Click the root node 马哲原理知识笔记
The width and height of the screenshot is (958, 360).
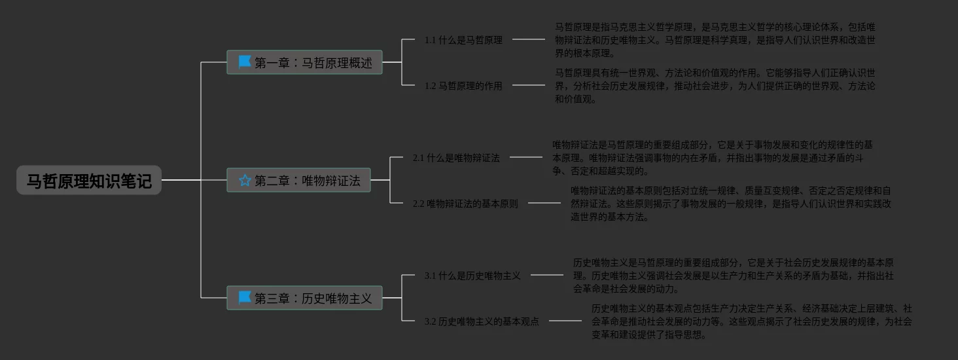[x=89, y=181]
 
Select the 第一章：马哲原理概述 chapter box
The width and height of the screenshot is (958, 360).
[x=304, y=63]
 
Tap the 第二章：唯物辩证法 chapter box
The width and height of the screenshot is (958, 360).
[x=299, y=181]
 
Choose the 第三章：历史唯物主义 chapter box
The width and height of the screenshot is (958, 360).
[x=304, y=298]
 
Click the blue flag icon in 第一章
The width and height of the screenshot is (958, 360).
[x=245, y=62]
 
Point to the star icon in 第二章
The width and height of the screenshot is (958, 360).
[x=245, y=180]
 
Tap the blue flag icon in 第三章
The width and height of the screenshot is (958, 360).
[x=245, y=298]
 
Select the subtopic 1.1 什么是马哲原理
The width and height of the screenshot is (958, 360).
[x=463, y=40]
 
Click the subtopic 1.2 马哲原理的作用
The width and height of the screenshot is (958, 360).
[x=463, y=86]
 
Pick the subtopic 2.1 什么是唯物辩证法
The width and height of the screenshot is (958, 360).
[x=456, y=158]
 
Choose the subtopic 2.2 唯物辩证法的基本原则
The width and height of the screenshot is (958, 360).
[x=465, y=204]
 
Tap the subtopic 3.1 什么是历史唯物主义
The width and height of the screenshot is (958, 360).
[x=472, y=276]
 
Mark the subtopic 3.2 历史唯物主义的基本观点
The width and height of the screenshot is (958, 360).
[x=482, y=321]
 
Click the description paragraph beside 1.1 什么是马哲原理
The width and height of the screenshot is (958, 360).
[x=715, y=40]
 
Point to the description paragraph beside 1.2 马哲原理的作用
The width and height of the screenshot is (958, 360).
[x=715, y=86]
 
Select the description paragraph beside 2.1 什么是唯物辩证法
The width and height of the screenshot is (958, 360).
[x=712, y=158]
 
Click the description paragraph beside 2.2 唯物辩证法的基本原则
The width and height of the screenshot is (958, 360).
[x=730, y=204]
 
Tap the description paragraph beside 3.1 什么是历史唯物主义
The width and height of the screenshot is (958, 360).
[x=733, y=276]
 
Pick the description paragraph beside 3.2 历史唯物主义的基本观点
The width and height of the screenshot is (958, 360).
[x=751, y=321]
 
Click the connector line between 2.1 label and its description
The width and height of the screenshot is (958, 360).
[x=526, y=157]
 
